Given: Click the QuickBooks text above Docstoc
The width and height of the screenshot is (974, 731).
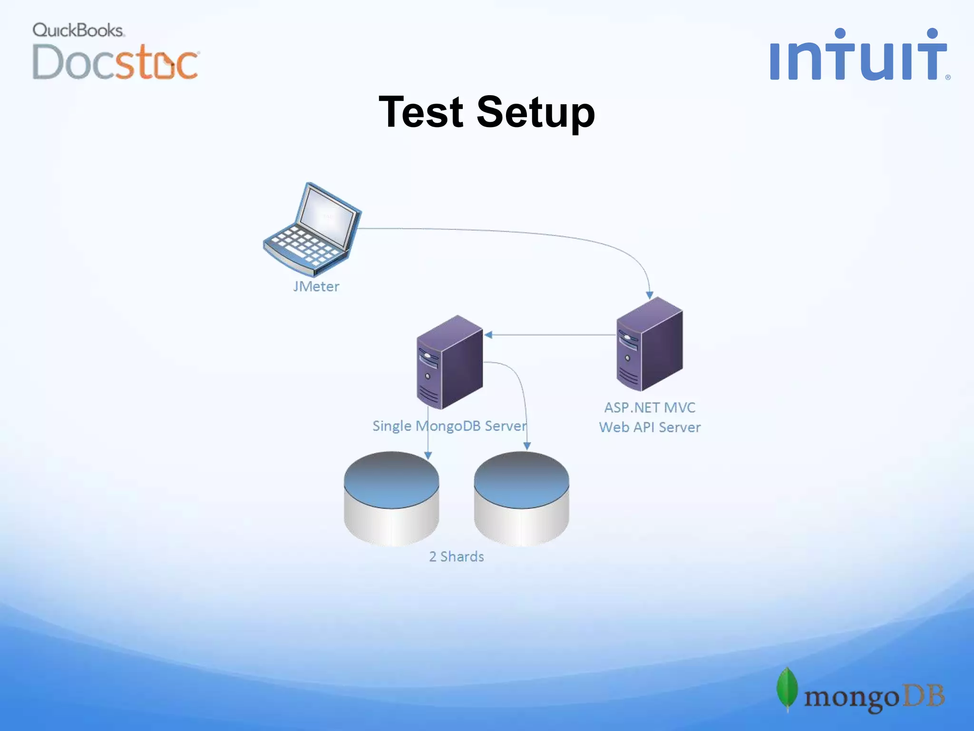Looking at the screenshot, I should pyautogui.click(x=78, y=30).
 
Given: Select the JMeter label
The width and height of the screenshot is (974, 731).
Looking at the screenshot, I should pyautogui.click(x=316, y=286).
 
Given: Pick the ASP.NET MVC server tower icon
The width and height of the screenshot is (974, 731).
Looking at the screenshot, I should pyautogui.click(x=650, y=344).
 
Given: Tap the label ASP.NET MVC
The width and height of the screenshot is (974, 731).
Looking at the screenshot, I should pyautogui.click(x=650, y=407).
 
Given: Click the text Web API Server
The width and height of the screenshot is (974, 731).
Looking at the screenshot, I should pyautogui.click(x=650, y=427).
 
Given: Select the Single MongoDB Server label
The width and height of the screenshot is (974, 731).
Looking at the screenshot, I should pyautogui.click(x=450, y=426).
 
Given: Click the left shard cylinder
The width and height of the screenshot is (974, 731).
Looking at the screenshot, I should pyautogui.click(x=391, y=499).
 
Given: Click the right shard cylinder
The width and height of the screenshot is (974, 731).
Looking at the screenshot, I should pyautogui.click(x=522, y=499).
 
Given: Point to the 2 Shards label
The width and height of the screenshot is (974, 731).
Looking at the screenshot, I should pyautogui.click(x=457, y=556).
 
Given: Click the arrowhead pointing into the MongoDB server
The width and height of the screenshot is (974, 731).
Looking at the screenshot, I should pyautogui.click(x=488, y=335).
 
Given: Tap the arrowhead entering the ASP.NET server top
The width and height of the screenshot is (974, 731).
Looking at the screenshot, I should pyautogui.click(x=650, y=295).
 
